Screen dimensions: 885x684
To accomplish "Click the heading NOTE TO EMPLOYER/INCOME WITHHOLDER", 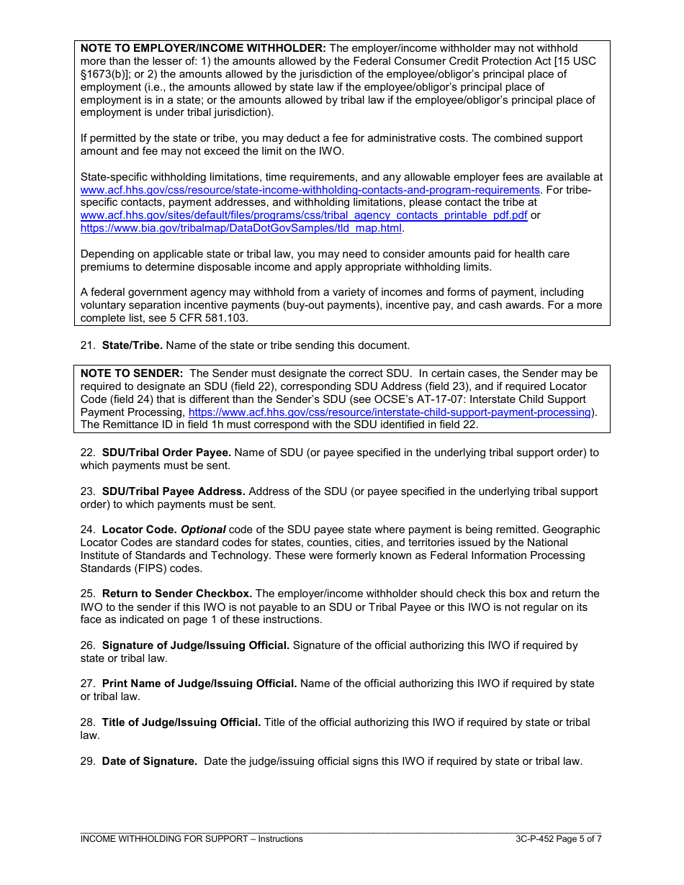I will point(203,48).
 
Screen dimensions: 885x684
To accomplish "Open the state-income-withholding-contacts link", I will point(310,190).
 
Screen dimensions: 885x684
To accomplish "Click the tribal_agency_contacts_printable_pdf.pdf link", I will point(304,216).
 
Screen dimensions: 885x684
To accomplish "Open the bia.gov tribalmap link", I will point(241,228).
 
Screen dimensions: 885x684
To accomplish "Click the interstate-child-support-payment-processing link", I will point(390,412).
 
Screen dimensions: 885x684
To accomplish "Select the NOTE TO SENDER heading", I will point(132,373).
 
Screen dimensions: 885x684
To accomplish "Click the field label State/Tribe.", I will point(132,345).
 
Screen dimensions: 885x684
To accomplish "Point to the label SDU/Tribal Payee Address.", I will point(174,491).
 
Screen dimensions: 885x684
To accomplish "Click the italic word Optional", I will point(203,530).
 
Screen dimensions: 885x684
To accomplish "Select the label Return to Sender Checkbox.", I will point(176,594).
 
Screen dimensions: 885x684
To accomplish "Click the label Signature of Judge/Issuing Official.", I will point(195,645).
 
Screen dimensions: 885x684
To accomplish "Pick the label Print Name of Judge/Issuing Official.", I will point(199,684).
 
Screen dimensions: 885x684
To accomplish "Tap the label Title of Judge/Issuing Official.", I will point(181,722).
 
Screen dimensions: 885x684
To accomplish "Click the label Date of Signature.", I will point(149,761).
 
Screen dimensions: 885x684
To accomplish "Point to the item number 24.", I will point(87,530).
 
